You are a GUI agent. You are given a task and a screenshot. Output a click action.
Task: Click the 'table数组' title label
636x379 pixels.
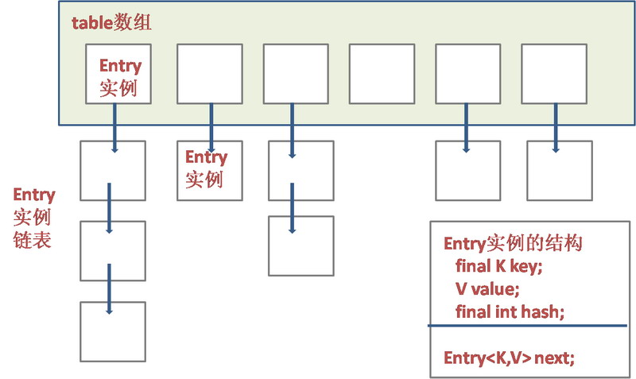111,22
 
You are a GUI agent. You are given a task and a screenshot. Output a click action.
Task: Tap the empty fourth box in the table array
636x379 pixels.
382,74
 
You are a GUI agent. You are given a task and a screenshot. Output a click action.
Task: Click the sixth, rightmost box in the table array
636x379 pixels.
553,74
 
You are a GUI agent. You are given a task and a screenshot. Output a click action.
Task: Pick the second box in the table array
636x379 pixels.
208,74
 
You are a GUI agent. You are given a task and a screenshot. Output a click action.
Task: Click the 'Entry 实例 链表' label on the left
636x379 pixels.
33,217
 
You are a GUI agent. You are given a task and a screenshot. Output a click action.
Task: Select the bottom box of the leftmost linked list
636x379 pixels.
112,331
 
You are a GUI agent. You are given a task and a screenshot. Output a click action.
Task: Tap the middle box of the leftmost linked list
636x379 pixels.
112,250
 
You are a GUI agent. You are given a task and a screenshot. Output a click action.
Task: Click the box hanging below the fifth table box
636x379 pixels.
468,170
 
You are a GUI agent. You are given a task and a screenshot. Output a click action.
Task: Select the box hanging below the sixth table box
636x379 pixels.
559,170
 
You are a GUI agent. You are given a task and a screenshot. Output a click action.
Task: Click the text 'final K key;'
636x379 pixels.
498,266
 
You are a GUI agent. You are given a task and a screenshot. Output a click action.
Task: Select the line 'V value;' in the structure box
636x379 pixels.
487,288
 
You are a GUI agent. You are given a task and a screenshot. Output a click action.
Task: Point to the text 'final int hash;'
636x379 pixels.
510,311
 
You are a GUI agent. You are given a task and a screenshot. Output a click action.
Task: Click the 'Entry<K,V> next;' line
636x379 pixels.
509,359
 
